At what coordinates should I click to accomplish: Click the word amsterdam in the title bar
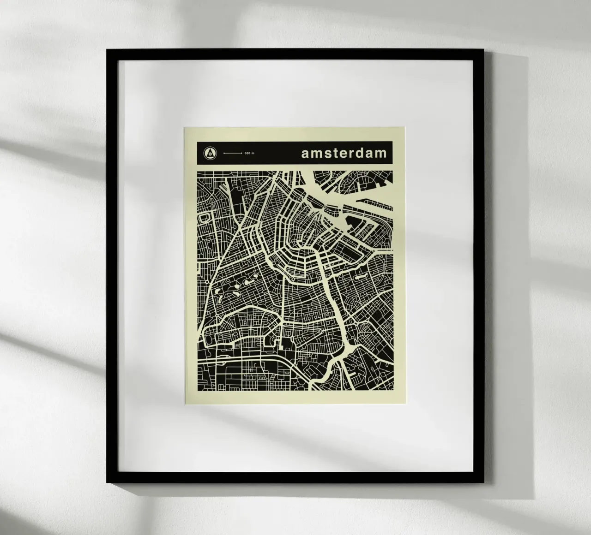pyautogui.click(x=344, y=153)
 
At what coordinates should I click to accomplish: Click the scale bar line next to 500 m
pyautogui.click(x=232, y=153)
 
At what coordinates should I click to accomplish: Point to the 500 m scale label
pyautogui.click(x=249, y=153)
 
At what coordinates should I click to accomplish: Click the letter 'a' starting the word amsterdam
pyautogui.click(x=305, y=154)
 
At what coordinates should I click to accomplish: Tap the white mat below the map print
pyautogui.click(x=295, y=434)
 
